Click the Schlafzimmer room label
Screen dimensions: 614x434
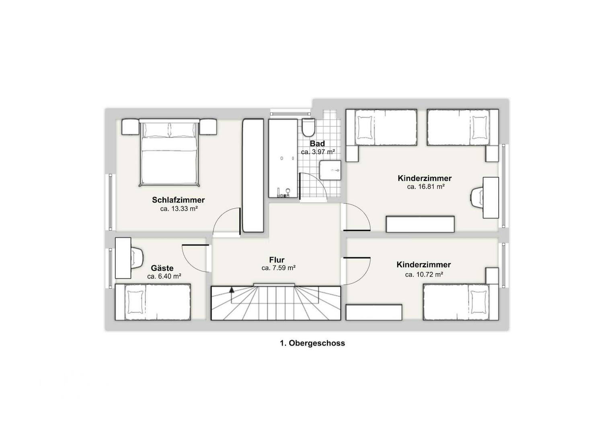[x=178, y=200]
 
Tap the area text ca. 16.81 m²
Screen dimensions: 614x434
[x=426, y=187]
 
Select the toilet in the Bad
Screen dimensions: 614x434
[x=308, y=127]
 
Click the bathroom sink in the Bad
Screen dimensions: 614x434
[x=330, y=170]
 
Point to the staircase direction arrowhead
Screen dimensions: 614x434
[x=232, y=290]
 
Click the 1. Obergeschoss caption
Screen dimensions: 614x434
[x=312, y=343]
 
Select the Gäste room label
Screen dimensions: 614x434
[x=162, y=268]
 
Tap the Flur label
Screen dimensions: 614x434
[x=277, y=260]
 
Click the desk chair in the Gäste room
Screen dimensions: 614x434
[x=137, y=258]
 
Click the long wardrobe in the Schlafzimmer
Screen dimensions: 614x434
[x=253, y=175]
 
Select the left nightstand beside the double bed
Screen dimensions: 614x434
[x=130, y=127]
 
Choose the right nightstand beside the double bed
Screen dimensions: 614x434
[x=208, y=127]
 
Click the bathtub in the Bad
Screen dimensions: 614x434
[x=283, y=158]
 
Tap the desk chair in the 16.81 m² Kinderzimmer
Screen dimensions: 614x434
[x=477, y=198]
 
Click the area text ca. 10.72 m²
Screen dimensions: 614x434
[x=424, y=274]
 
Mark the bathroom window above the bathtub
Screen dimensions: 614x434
[x=290, y=113]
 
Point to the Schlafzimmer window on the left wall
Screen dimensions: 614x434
[x=111, y=202]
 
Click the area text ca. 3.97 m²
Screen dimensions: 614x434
[x=318, y=152]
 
